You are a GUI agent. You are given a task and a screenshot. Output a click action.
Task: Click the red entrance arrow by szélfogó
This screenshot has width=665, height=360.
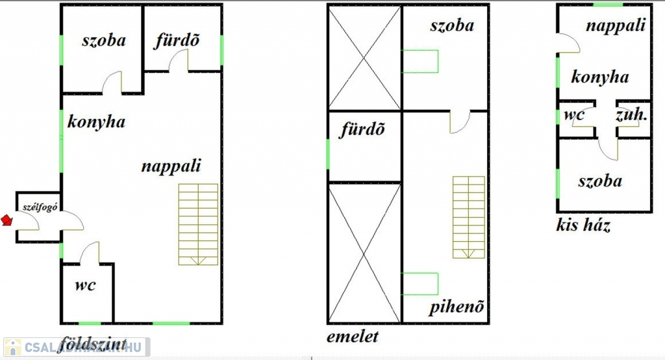click(7, 220)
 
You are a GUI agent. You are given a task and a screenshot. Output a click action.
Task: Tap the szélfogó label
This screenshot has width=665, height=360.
click(38, 207)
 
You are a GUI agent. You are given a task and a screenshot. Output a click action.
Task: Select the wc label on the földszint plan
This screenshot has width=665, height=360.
click(86, 285)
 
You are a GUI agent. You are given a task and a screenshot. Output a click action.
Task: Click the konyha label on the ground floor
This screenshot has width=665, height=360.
click(96, 122)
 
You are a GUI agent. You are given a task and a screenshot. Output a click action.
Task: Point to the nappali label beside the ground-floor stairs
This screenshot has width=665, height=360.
click(171, 166)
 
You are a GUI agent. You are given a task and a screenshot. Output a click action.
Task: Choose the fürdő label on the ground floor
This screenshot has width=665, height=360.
click(177, 40)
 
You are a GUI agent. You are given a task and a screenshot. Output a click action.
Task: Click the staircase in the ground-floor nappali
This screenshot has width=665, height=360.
click(198, 224)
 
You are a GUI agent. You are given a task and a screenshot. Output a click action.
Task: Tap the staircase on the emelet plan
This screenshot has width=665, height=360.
click(468, 217)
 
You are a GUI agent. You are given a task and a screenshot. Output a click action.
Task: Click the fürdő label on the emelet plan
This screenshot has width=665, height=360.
click(363, 129)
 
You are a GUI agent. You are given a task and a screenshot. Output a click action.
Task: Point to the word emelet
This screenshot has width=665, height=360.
click(353, 337)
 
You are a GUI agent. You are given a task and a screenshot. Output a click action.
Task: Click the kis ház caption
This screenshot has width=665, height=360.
click(583, 225)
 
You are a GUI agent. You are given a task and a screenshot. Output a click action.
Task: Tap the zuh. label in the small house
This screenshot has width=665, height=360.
click(631, 115)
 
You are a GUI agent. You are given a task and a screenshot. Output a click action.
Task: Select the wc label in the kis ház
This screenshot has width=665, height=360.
click(575, 115)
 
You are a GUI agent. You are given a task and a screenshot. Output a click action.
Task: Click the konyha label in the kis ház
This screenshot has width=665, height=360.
click(600, 77)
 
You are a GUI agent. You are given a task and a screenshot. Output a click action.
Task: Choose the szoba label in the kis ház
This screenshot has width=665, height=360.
click(600, 181)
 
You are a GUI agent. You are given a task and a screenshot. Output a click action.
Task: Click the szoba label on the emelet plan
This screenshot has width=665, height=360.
click(452, 25)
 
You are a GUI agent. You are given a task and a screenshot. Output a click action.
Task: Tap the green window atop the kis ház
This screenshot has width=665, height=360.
click(608, 5)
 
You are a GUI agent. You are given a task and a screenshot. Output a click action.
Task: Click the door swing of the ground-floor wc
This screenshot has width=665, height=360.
click(90, 252)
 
